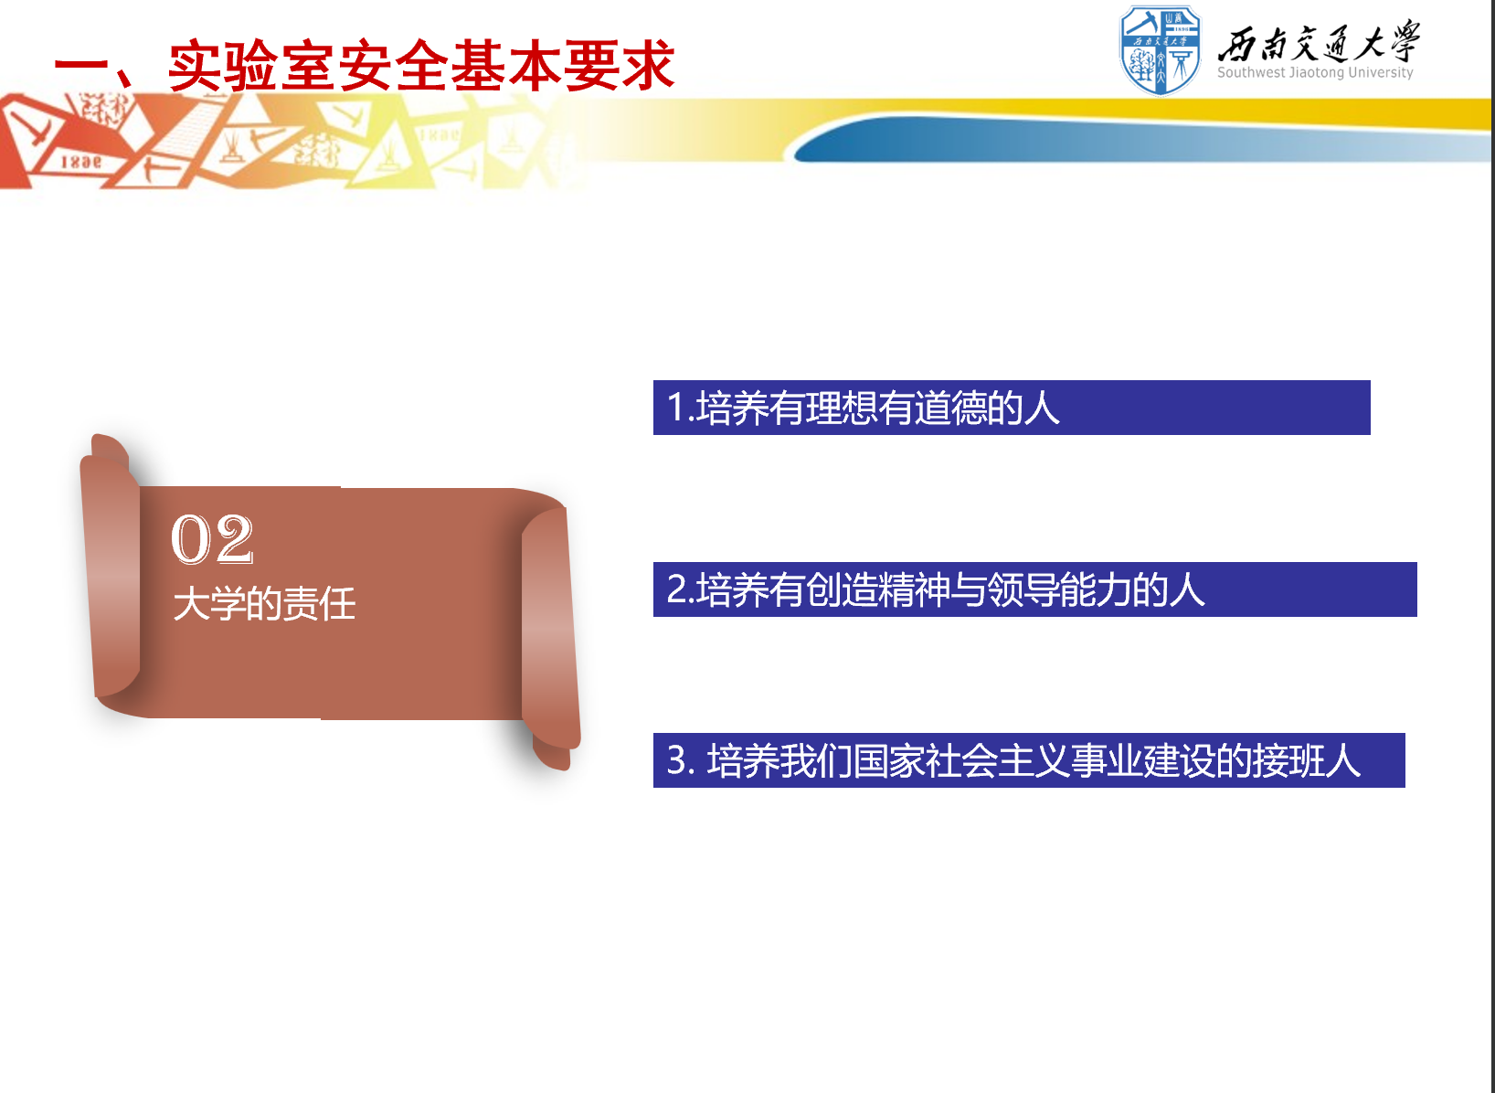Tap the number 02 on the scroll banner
point(212,539)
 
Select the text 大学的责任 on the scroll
point(264,604)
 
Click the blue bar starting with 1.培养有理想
point(1012,408)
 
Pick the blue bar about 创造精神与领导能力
point(1035,589)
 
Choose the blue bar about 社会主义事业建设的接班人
point(1029,760)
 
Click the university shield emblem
point(1161,50)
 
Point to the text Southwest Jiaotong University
point(1315,72)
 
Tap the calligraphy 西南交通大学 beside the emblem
point(1319,41)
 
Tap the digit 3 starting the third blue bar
point(677,760)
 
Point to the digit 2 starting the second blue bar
point(677,589)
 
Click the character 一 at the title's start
point(80,67)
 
